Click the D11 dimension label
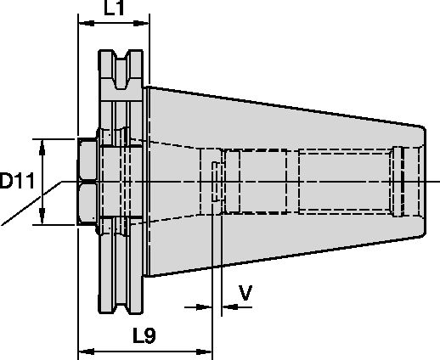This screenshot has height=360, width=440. [18, 181]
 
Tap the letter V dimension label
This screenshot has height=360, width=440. [245, 294]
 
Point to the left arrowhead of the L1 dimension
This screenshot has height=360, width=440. [82, 25]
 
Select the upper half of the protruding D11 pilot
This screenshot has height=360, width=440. [85, 160]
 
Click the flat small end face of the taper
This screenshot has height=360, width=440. [422, 181]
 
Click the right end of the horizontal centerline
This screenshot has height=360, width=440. [435, 181]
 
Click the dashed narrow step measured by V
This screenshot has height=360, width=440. [216, 181]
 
